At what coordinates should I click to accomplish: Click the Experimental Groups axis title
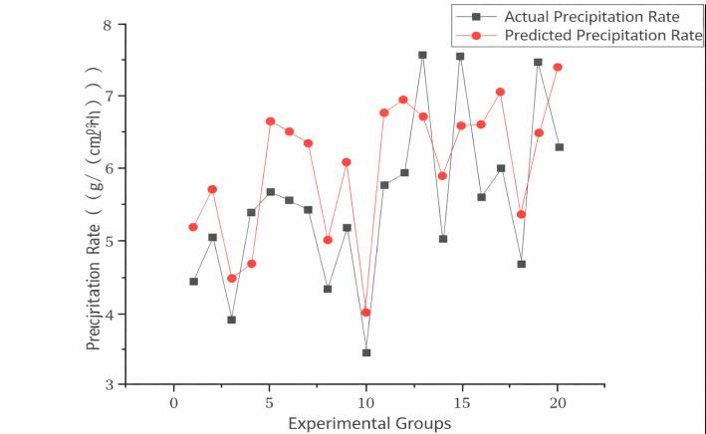pos(368,423)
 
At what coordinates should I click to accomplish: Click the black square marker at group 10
pos(366,352)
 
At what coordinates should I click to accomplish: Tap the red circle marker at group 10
pos(366,313)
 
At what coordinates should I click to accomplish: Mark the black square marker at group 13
pos(422,56)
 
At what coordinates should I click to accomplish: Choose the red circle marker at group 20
pos(558,68)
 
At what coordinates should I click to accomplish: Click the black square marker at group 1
pos(193,282)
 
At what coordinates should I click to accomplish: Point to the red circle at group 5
pos(270,121)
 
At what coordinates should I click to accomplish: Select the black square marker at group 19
pos(538,62)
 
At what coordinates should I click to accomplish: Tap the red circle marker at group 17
pos(500,92)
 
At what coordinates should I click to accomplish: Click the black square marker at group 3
pos(231,320)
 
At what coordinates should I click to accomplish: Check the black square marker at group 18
pos(521,264)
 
